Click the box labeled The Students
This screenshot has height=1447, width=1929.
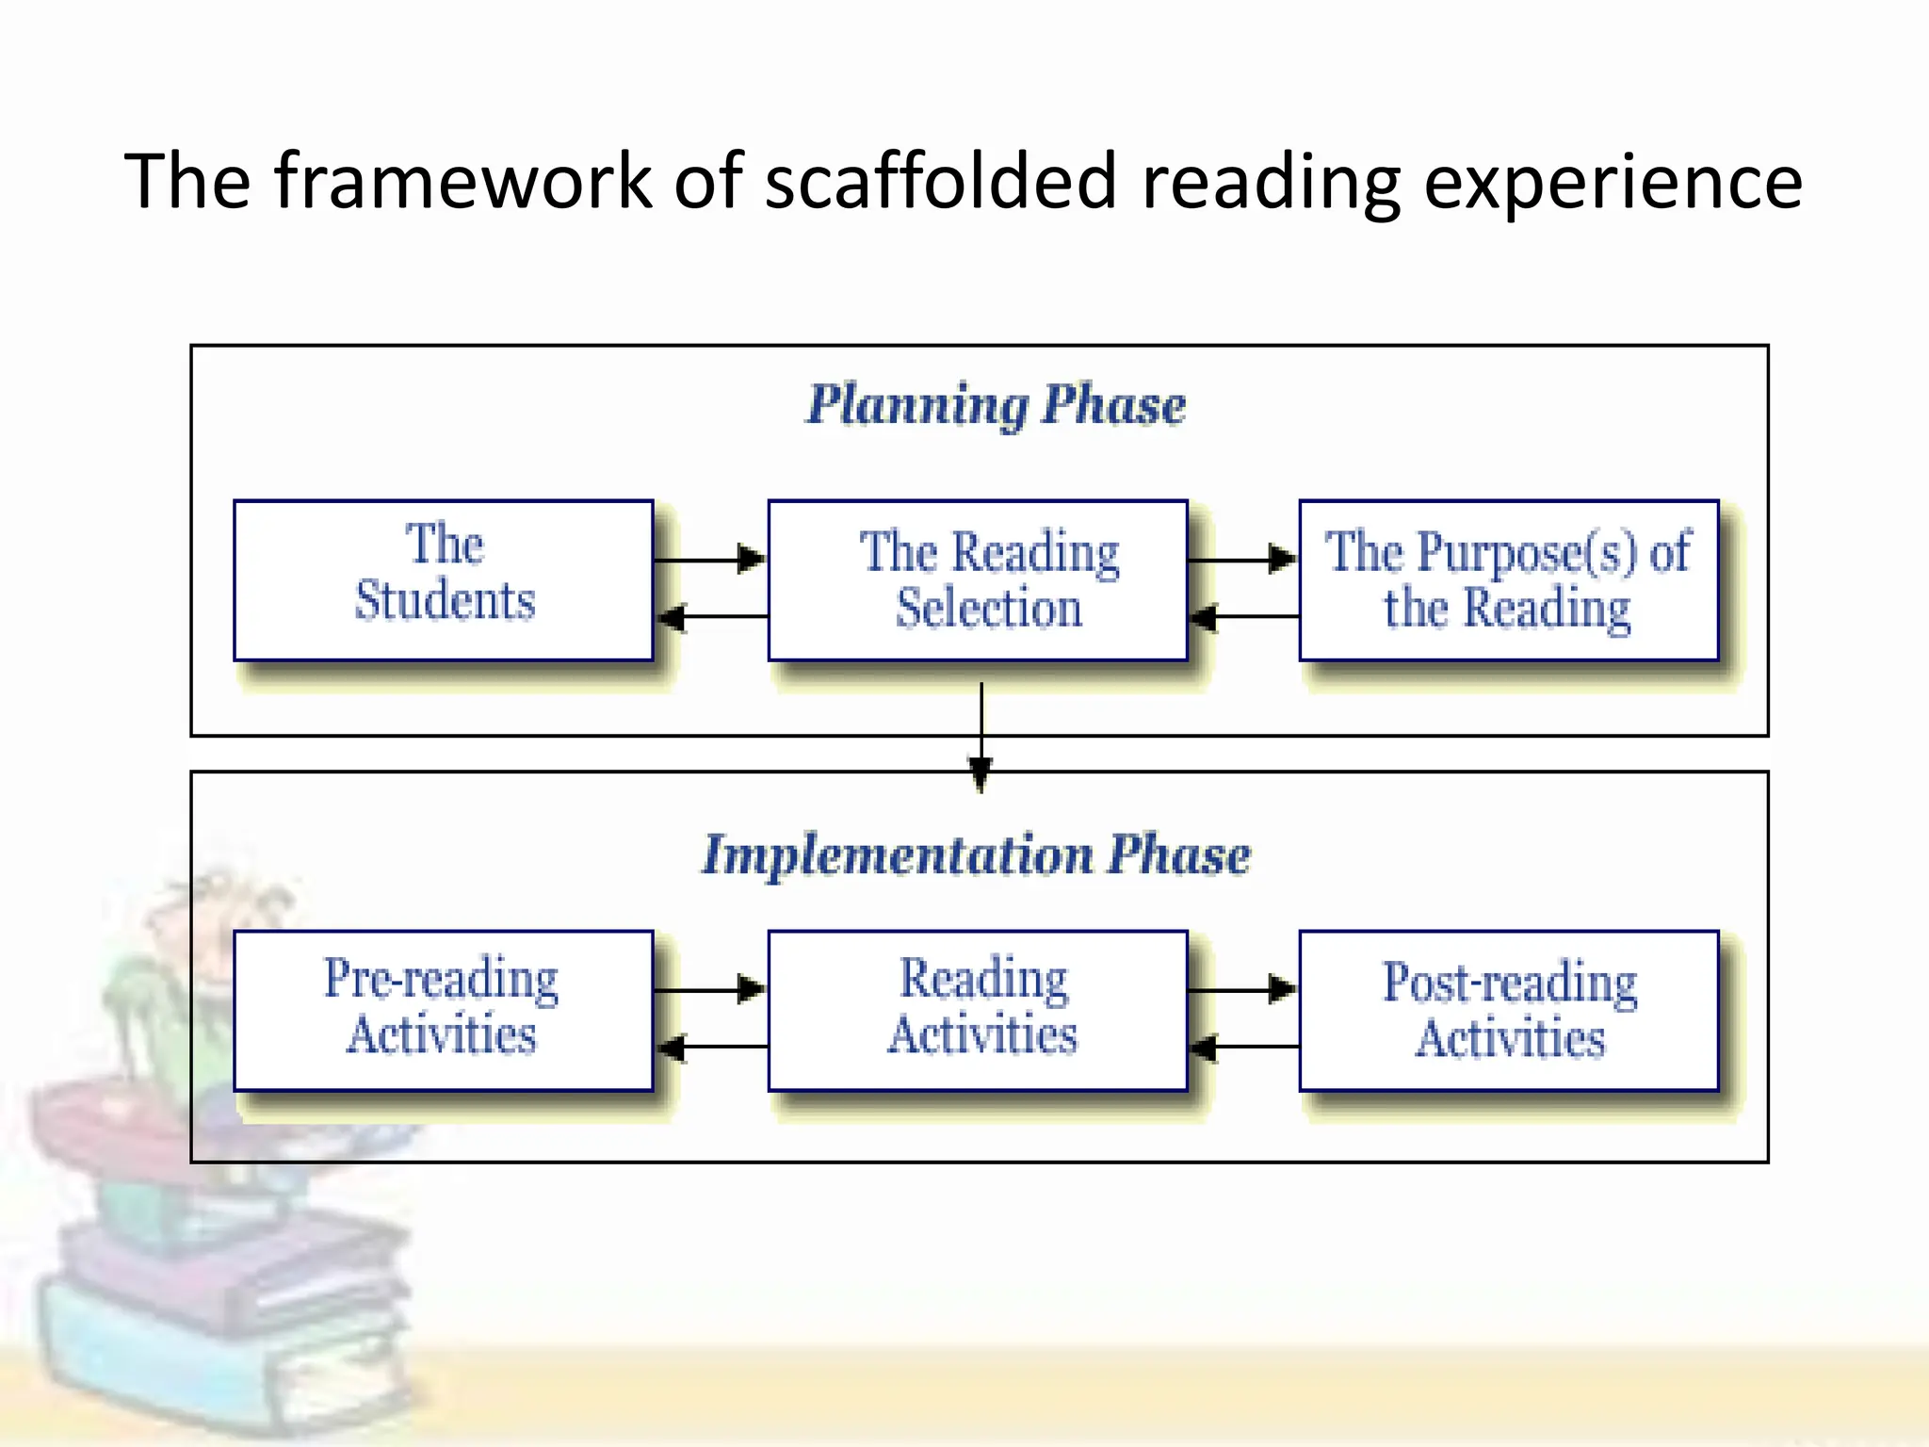tap(444, 579)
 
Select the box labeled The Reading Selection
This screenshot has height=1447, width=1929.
tap(978, 579)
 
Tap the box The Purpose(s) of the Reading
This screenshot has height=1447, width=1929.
tap(1508, 579)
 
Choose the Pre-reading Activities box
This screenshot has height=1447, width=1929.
tap(444, 1010)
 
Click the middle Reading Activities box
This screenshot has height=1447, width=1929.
tap(978, 1010)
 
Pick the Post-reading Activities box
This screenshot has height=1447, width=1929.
tap(1508, 1010)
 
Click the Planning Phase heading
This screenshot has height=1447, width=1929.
tap(996, 405)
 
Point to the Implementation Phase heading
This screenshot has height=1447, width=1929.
tap(976, 854)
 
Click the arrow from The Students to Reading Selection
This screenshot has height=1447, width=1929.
tap(710, 559)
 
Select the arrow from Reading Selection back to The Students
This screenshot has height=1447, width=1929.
tap(712, 617)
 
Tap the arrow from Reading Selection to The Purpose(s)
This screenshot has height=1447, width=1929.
tap(1243, 559)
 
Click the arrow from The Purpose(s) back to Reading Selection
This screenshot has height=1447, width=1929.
tap(1243, 617)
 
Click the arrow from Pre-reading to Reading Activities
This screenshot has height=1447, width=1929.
tap(710, 989)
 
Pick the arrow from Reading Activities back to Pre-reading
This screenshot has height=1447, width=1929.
tap(712, 1047)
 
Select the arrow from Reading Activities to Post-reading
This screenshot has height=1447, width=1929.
tap(1243, 989)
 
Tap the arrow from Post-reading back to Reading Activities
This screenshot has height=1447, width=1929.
tap(1243, 1047)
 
